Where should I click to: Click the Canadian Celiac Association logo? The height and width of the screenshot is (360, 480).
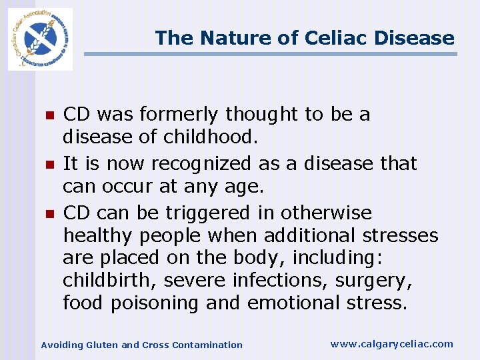tap(40, 39)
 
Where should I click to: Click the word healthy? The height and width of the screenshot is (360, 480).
tap(98, 236)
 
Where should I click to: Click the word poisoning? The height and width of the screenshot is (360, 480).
tap(155, 303)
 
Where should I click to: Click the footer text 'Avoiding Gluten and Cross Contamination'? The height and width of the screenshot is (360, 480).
tap(142, 345)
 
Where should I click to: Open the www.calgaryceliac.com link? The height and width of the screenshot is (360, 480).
tap(391, 344)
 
